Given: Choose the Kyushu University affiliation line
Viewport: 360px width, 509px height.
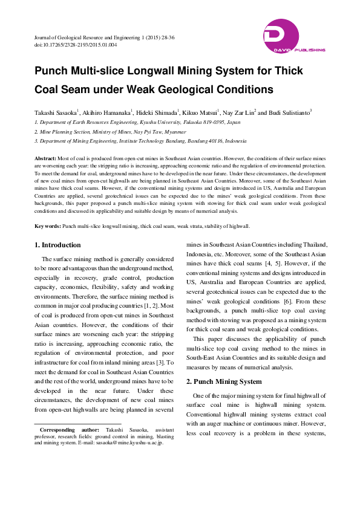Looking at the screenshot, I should [x=137, y=122].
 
